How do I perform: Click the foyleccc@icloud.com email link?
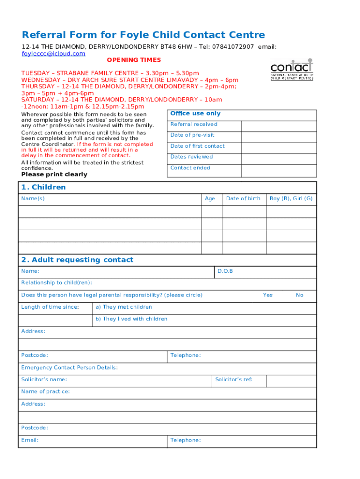click(53, 54)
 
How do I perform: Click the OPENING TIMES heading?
click(134, 60)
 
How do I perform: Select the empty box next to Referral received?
click(279, 126)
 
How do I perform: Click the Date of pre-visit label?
click(192, 135)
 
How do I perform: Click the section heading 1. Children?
click(43, 188)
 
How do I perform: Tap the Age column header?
click(210, 199)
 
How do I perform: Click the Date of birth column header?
click(243, 199)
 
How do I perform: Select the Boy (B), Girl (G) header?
click(291, 199)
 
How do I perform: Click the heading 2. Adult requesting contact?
click(77, 260)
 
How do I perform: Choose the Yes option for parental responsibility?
click(267, 295)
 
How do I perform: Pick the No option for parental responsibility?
click(300, 295)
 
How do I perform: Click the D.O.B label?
click(225, 271)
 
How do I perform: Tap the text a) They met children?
click(124, 307)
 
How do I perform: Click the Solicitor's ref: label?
click(234, 380)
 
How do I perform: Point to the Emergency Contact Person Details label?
click(70, 368)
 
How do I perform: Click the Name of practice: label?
click(45, 392)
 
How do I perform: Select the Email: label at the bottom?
click(30, 440)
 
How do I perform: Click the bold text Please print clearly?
click(54, 174)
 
